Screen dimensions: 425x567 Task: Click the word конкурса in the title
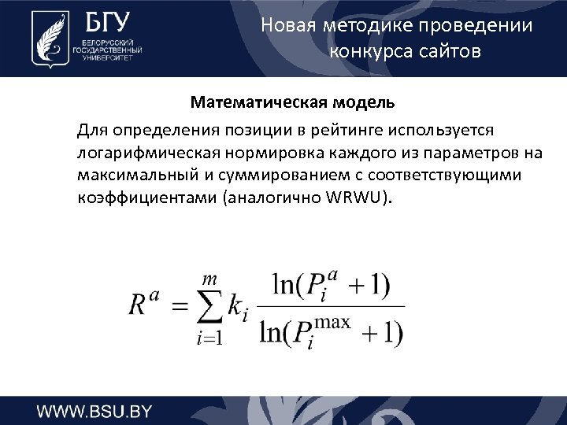[369, 52]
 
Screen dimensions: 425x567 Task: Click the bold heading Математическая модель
[292, 103]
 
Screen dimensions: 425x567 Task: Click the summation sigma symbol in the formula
[207, 307]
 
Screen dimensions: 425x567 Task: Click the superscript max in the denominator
[333, 323]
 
